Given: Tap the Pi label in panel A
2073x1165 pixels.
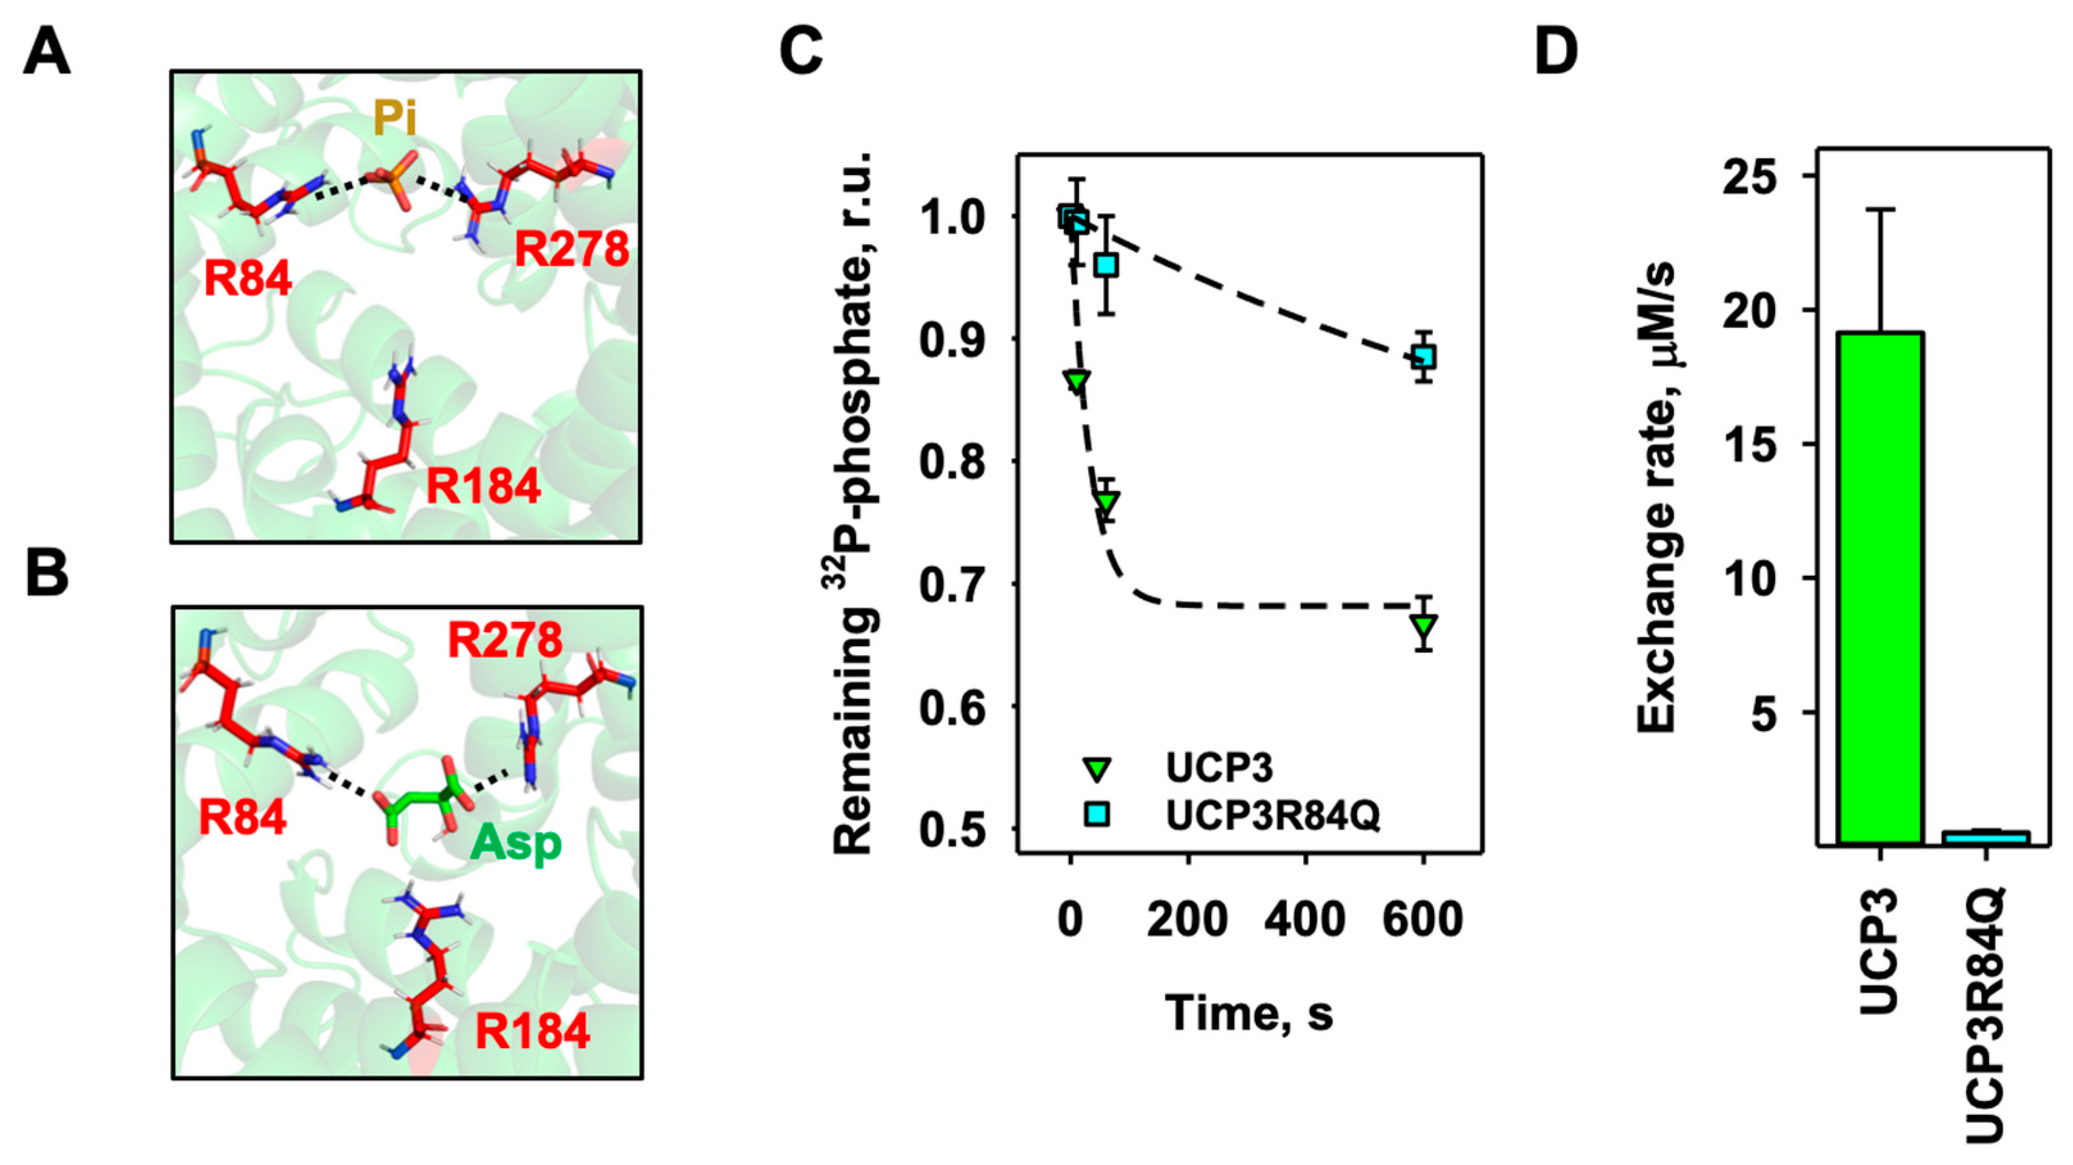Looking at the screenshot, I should pyautogui.click(x=394, y=119).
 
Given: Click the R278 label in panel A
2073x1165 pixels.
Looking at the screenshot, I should pyautogui.click(x=572, y=249).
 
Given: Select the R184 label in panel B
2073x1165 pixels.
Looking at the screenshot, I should pyautogui.click(x=532, y=1032).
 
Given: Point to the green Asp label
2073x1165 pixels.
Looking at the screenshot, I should pyautogui.click(x=516, y=844).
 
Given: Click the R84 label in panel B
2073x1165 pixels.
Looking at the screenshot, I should pyautogui.click(x=242, y=817).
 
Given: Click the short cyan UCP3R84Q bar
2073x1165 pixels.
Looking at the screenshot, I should pyautogui.click(x=1986, y=837).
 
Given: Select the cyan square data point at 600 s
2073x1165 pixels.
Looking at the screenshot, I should pyautogui.click(x=1424, y=356).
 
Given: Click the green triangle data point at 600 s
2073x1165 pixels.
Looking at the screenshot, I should pyautogui.click(x=1424, y=626).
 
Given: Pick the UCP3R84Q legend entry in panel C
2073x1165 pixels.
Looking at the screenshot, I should pyautogui.click(x=1272, y=815).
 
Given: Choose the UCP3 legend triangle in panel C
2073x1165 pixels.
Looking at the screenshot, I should pyautogui.click(x=1097, y=769).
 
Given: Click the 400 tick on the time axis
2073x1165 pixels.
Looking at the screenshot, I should pyautogui.click(x=1305, y=919).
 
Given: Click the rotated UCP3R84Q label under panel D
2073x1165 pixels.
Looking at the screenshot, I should pyautogui.click(x=1988, y=1014).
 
